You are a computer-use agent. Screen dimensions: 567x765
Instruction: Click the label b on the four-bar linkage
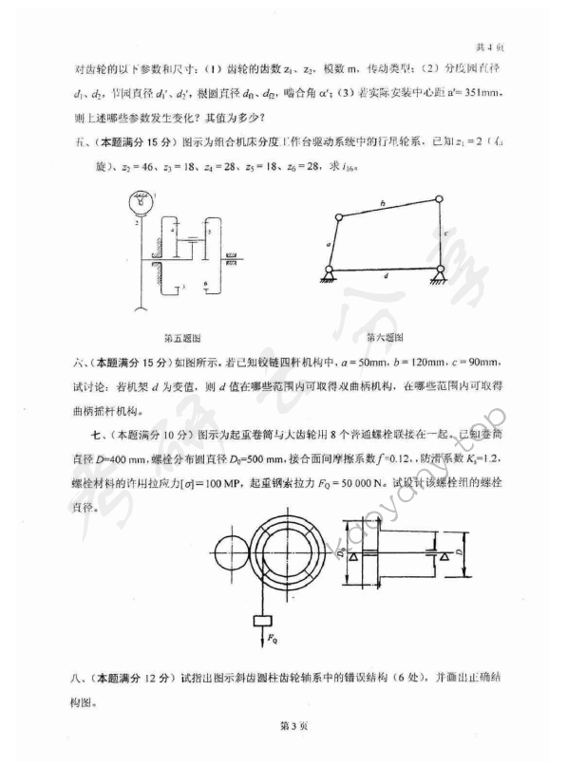(381, 203)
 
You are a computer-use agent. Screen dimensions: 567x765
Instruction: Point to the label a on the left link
(327, 244)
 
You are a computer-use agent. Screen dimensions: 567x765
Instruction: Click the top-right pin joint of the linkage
(438, 198)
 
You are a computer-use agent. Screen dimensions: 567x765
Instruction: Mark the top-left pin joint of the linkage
(336, 217)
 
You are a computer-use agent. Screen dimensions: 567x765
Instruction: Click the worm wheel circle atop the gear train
(141, 202)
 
